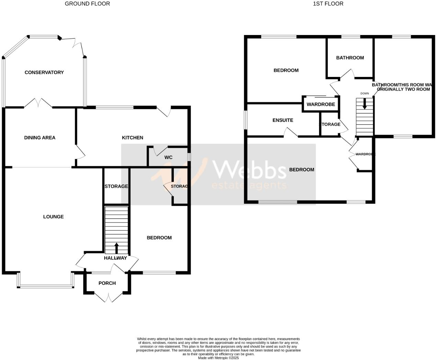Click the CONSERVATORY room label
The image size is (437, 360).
coord(44,72)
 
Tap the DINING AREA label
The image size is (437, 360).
coord(40,138)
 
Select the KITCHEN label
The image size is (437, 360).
coord(132,138)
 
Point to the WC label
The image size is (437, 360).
coord(168,157)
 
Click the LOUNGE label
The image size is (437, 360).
coord(53,217)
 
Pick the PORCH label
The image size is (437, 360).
coord(107,283)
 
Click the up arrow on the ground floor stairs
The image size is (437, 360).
coord(116,248)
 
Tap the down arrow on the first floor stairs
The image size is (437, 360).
coord(365,104)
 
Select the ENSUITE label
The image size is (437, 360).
coord(283,120)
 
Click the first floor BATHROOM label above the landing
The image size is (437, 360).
coord(350,58)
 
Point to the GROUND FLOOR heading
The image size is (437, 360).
coord(87,4)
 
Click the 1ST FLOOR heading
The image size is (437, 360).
coord(328,4)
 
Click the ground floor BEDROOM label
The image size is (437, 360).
coord(159,238)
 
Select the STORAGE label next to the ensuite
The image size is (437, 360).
coord(330,124)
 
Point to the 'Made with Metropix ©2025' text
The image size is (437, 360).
coord(218,358)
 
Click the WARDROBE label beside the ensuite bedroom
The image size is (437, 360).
coord(321,104)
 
